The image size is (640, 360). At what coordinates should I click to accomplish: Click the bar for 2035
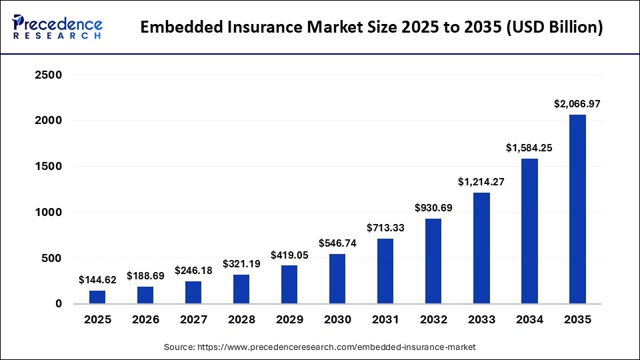[x=577, y=209]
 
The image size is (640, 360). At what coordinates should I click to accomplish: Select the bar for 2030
[x=337, y=279]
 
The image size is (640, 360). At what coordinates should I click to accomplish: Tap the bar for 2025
[x=97, y=297]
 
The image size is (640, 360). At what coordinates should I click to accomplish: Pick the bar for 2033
[x=481, y=248]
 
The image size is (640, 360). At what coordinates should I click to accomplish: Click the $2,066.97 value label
[x=577, y=104]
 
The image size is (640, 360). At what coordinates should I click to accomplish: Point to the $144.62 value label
[x=97, y=280]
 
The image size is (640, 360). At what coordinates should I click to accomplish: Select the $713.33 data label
[x=385, y=228]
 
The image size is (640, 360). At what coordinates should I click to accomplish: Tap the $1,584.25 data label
[x=529, y=148]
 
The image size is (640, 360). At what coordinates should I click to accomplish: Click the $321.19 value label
[x=241, y=264]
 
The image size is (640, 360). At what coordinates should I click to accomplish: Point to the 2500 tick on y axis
[x=48, y=75]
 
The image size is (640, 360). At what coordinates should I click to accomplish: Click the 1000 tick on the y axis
[x=48, y=212]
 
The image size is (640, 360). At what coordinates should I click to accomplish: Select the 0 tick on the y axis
[x=58, y=303]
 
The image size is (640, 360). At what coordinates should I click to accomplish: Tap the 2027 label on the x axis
[x=193, y=320]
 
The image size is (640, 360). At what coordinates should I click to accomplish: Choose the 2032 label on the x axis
[x=433, y=320]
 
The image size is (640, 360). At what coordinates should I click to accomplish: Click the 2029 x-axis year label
[x=289, y=320]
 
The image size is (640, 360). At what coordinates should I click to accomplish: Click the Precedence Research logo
[x=57, y=27]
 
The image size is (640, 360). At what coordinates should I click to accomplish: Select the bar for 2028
[x=241, y=289]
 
